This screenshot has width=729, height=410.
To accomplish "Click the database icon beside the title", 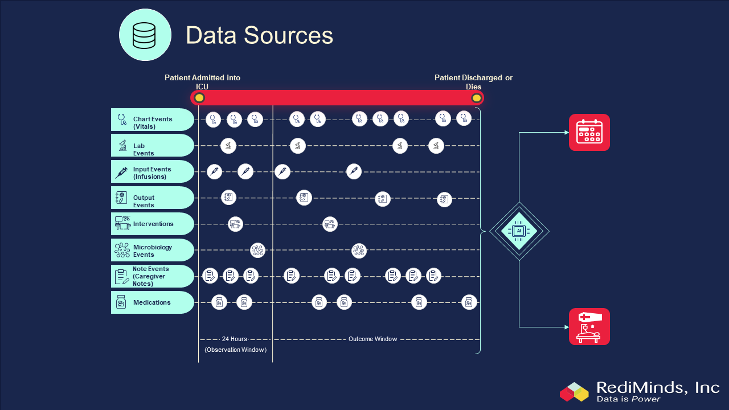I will pyautogui.click(x=145, y=35).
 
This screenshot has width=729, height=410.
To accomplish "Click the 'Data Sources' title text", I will pyautogui.click(x=259, y=35).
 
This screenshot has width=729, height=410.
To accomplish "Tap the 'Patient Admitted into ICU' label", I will pyautogui.click(x=202, y=82).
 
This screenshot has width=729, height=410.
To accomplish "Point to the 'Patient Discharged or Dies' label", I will pyautogui.click(x=473, y=82).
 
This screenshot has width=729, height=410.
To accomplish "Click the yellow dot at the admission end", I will pyautogui.click(x=199, y=98).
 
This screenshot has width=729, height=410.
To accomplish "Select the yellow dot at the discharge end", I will pyautogui.click(x=477, y=98).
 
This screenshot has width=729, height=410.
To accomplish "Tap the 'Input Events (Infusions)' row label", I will pyautogui.click(x=151, y=172).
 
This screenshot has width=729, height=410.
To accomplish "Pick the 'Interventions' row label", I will pyautogui.click(x=153, y=224).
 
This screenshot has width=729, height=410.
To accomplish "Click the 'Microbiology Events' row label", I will pyautogui.click(x=152, y=251).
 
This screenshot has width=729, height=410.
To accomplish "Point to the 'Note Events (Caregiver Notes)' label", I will pyautogui.click(x=150, y=276).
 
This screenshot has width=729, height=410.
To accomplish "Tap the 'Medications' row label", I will pyautogui.click(x=151, y=302).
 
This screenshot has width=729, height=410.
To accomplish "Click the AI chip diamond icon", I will pyautogui.click(x=518, y=231).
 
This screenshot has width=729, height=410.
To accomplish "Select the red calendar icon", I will pyautogui.click(x=589, y=132).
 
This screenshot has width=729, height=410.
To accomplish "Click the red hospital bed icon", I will pyautogui.click(x=589, y=326).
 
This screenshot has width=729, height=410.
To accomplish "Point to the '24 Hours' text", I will pyautogui.click(x=235, y=339).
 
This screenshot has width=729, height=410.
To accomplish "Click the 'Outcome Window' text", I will pyautogui.click(x=373, y=339).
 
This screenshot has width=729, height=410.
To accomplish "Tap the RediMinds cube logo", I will pyautogui.click(x=574, y=391).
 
